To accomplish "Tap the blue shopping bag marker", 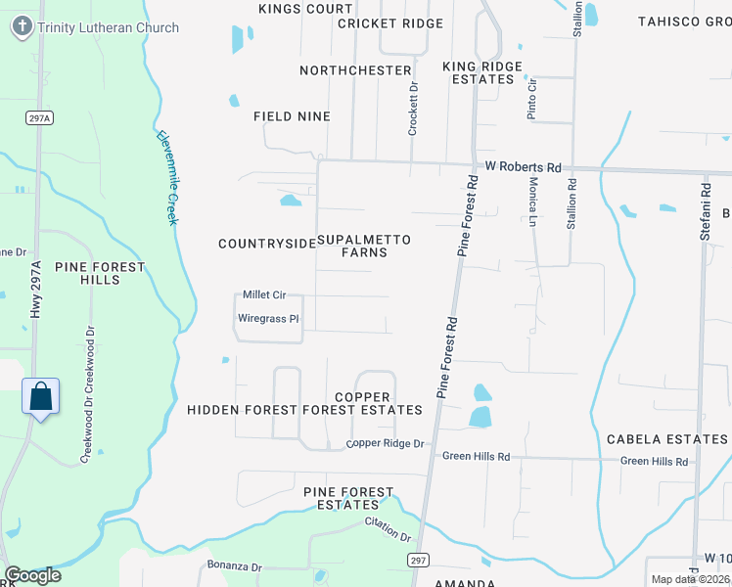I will point(40,397).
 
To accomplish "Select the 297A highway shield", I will point(38,117).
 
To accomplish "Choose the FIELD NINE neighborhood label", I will point(292,116).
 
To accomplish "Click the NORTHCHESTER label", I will point(355,70).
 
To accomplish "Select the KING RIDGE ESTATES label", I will point(483,72).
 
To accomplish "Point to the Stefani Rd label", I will point(704,210).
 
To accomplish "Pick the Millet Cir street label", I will point(263,294).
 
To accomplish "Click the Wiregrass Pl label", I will point(268,318).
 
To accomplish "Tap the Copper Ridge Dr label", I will point(385,444).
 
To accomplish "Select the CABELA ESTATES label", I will point(667,439).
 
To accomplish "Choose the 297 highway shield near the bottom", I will point(417,558).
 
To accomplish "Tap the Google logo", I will point(32,575).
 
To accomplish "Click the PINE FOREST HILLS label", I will point(100,273).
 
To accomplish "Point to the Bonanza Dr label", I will point(235,566).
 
